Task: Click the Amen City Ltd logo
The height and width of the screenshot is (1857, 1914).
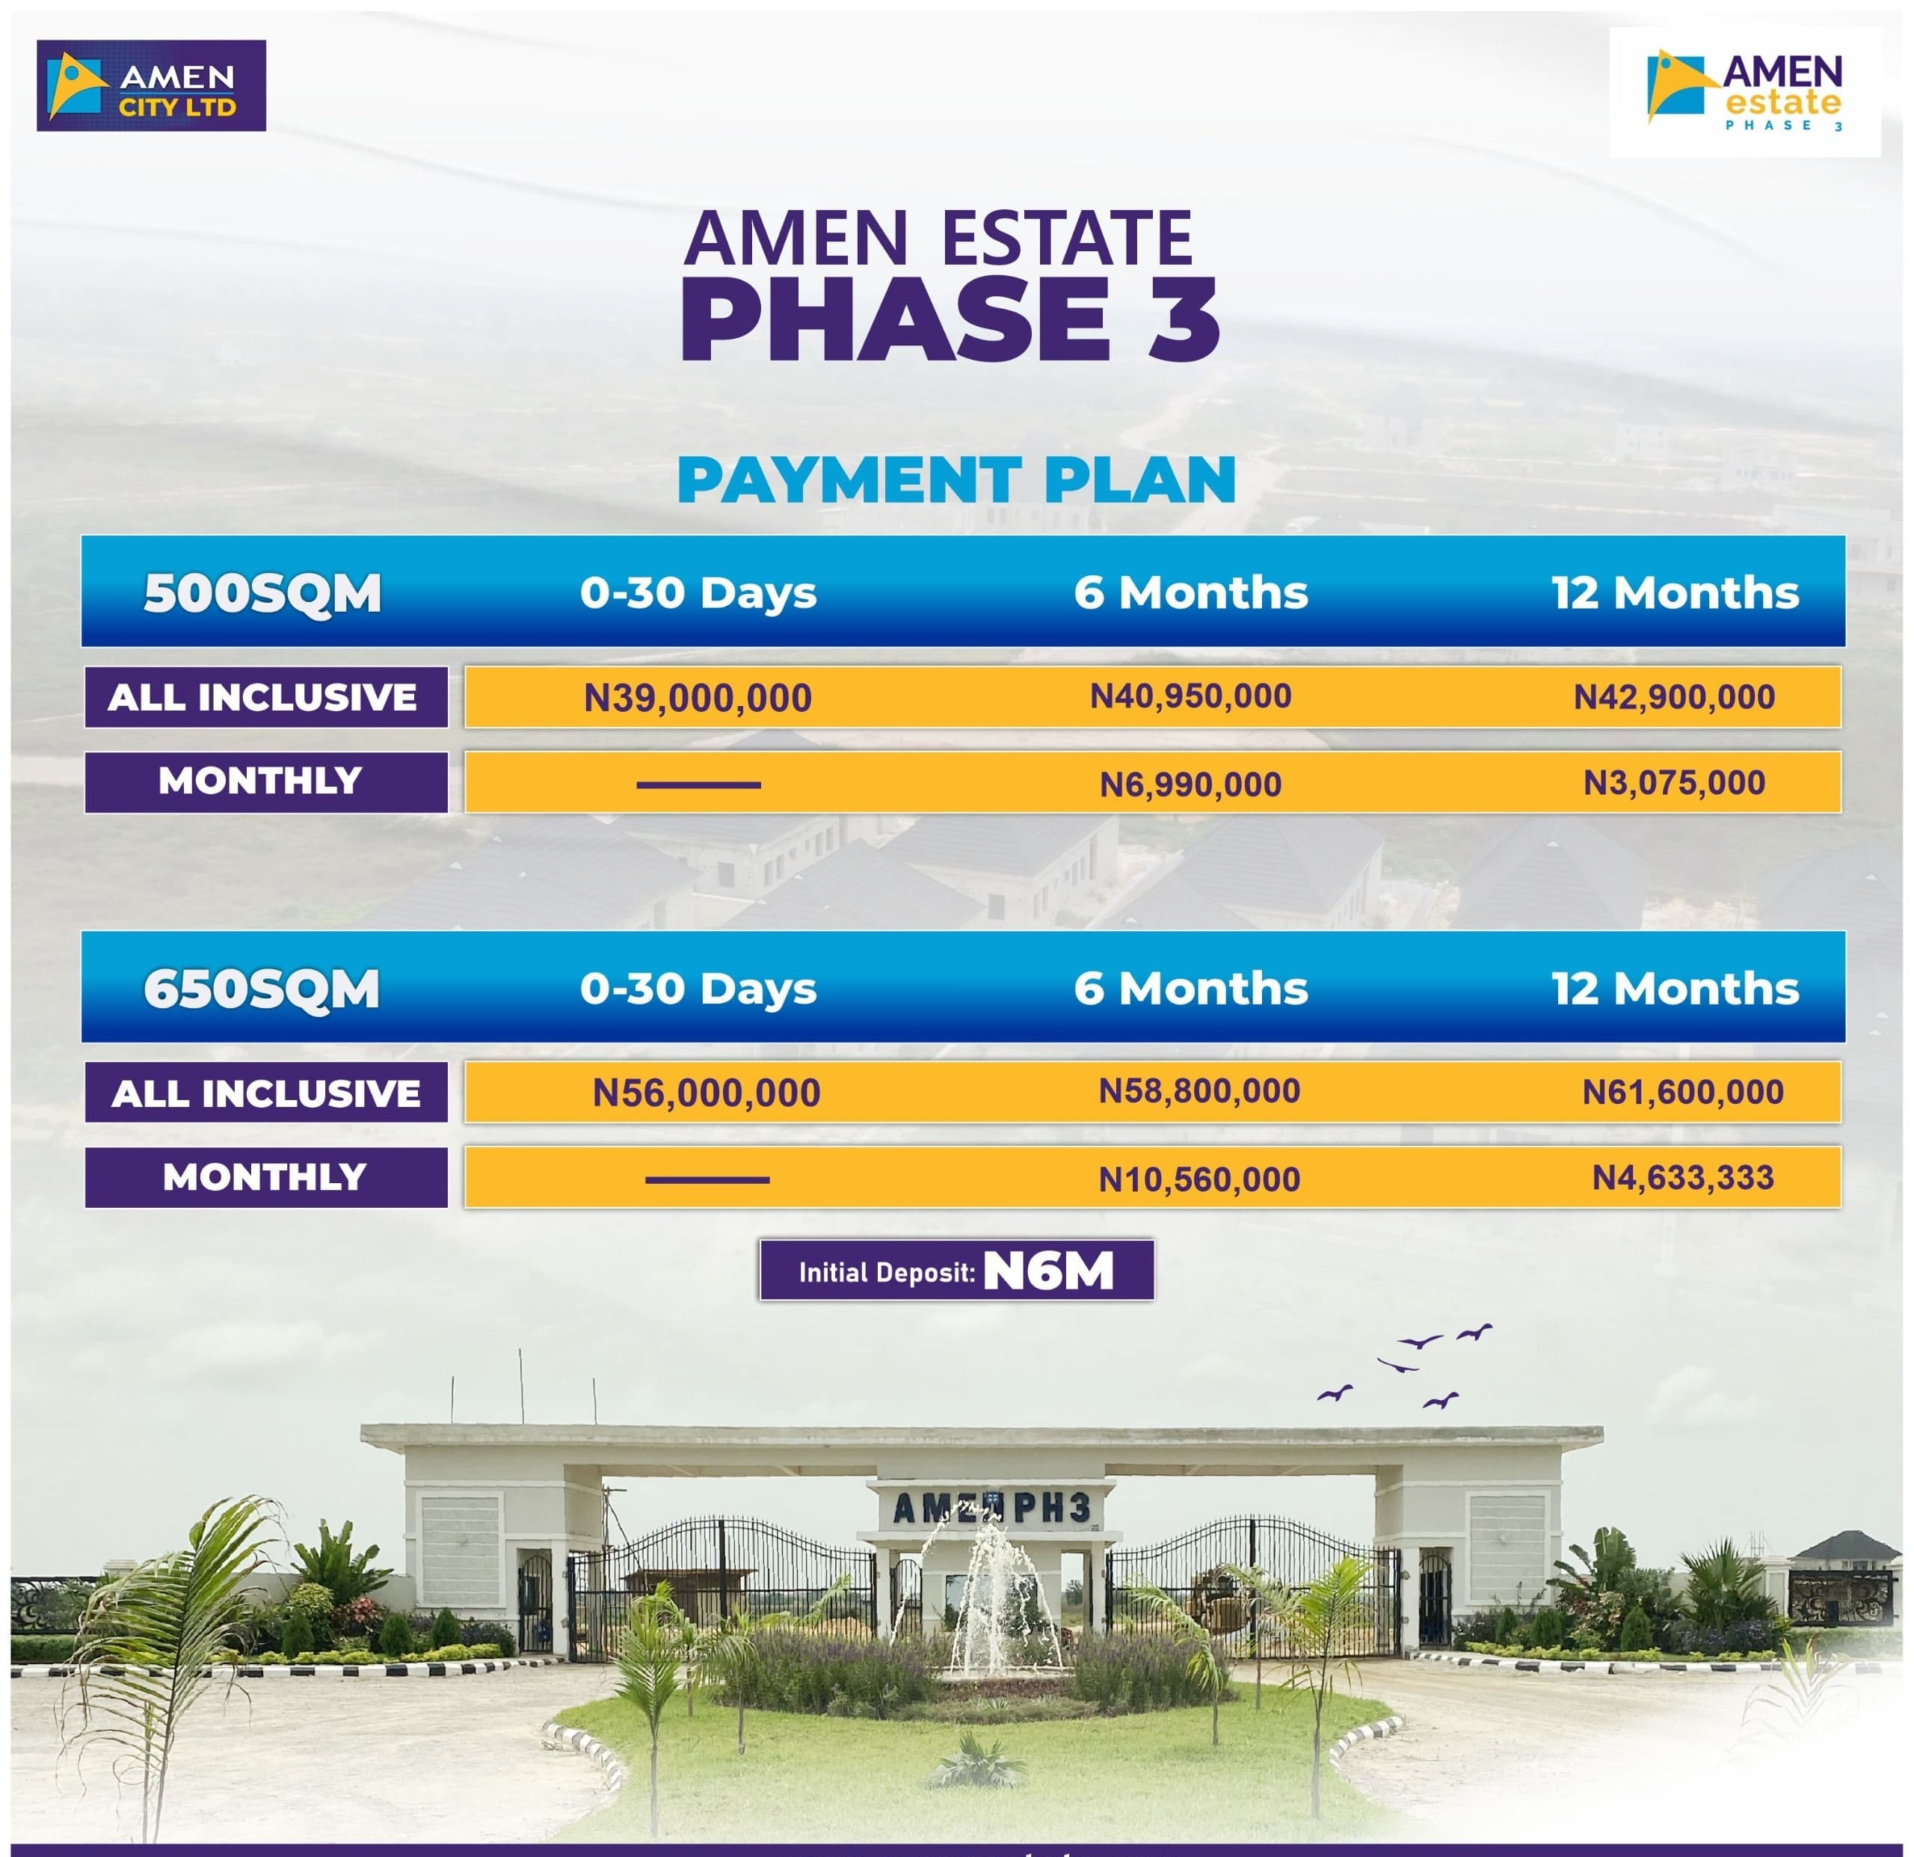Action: [x=151, y=85]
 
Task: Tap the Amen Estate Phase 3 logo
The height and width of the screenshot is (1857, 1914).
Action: [x=1744, y=92]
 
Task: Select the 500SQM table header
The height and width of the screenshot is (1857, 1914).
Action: [x=262, y=593]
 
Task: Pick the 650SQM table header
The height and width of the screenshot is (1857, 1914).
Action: [x=262, y=989]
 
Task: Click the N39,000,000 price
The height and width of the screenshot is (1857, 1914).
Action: [x=698, y=698]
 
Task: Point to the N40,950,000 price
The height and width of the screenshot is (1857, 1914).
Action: [x=1190, y=696]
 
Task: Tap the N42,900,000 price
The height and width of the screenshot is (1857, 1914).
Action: [x=1674, y=696]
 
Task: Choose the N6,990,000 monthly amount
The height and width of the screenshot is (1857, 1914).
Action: [x=1190, y=785]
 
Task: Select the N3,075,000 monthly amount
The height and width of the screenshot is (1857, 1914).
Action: [x=1674, y=782]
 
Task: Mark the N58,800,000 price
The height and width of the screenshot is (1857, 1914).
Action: [x=1199, y=1091]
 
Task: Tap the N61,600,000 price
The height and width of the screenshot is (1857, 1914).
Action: [x=1682, y=1092]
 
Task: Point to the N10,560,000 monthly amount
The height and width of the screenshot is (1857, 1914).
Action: [x=1199, y=1179]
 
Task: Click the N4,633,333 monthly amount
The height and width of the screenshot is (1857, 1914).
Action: [x=1682, y=1177]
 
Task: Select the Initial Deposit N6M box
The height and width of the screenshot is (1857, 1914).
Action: [x=957, y=1270]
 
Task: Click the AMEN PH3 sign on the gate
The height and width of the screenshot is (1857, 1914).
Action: [x=991, y=1508]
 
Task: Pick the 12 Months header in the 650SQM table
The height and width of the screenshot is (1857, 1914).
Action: [x=1675, y=989]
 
